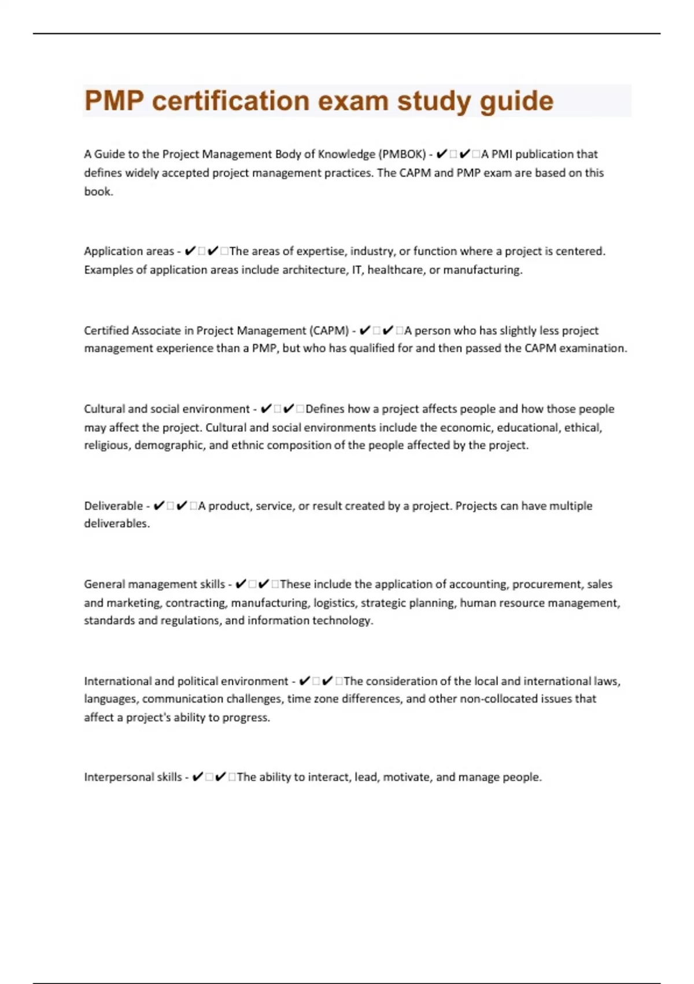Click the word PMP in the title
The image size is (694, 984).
114,101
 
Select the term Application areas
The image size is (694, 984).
128,251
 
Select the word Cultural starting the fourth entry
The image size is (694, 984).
104,409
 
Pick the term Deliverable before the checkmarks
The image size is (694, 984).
113,506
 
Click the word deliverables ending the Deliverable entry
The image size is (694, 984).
116,524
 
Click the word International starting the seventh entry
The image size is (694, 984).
117,681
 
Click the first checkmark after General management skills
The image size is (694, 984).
241,585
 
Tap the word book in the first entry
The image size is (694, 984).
98,192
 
